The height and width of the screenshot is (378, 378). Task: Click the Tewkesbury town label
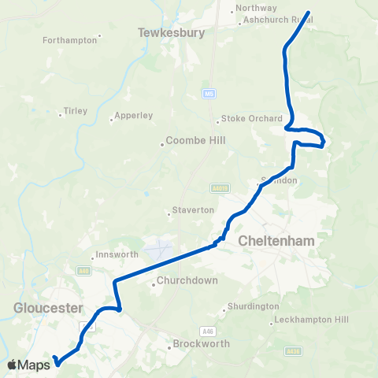(x=171, y=33)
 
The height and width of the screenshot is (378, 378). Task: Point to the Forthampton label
(x=69, y=39)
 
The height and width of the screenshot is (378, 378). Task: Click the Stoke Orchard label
(x=251, y=119)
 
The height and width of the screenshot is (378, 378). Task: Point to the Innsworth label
(x=117, y=254)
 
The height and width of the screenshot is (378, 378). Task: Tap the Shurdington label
(x=253, y=306)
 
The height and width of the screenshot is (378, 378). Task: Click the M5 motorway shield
(x=209, y=93)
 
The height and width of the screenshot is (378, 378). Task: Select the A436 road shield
(x=294, y=350)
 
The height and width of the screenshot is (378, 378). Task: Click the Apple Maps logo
(x=29, y=365)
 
